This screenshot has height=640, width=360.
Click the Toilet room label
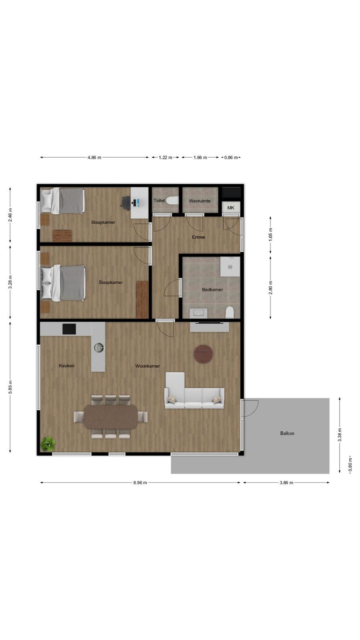click(159, 200)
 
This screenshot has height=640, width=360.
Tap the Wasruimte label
click(200, 201)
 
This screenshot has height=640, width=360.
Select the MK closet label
click(231, 208)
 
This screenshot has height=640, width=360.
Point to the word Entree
click(198, 237)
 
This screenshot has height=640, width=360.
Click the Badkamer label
click(212, 290)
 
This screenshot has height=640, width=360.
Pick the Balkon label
click(287, 433)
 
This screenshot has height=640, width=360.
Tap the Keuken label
click(66, 366)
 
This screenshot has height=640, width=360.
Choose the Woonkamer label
click(148, 366)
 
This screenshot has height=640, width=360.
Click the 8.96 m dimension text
click(140, 482)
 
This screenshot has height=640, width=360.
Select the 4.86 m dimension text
click(94, 158)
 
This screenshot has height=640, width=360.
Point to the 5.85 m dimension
click(10, 387)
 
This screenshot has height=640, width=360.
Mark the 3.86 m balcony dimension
click(286, 482)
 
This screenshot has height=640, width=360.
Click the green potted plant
click(48, 444)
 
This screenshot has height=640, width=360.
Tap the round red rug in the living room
click(204, 354)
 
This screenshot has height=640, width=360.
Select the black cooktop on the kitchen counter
click(69, 329)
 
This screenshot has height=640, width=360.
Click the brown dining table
click(110, 417)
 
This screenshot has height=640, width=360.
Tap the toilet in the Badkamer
click(230, 312)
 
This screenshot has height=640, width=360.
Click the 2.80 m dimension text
click(270, 288)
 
